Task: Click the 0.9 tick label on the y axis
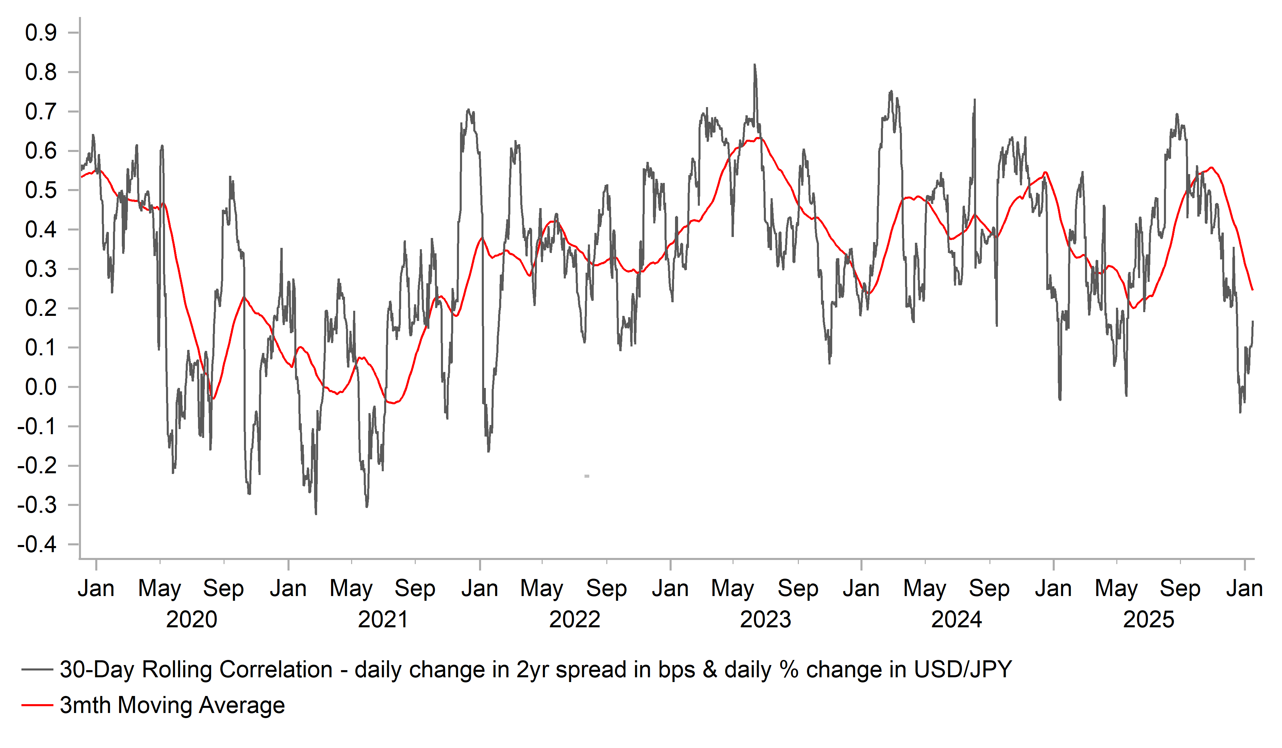[41, 33]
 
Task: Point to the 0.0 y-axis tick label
[41, 388]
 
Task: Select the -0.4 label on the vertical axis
[37, 545]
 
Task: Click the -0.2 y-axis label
[37, 466]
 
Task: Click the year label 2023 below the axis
[765, 620]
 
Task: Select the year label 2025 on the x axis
[1148, 620]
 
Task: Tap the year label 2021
[383, 620]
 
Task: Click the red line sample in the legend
[37, 705]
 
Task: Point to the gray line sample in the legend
[37, 670]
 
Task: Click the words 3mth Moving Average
[172, 705]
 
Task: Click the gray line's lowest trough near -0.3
[316, 514]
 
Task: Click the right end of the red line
[1252, 290]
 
